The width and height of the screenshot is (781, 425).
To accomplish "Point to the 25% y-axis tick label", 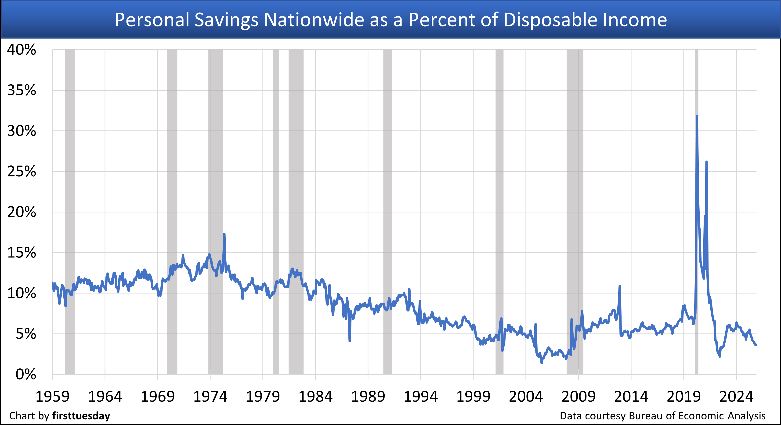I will pos(21,171).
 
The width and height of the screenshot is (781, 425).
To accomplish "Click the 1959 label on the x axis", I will pos(52,396).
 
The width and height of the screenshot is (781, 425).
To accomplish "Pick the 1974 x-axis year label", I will pos(210,396).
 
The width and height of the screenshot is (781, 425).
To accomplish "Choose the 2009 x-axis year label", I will pos(579,396).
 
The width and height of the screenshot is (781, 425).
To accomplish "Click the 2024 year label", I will pos(736,396).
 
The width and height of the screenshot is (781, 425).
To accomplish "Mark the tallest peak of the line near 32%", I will pos(697,116).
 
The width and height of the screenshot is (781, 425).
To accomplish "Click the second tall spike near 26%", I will pos(706,162).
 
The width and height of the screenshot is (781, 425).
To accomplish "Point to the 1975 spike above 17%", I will pos(224,234).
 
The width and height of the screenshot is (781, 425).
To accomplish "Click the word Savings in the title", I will pos(226,20).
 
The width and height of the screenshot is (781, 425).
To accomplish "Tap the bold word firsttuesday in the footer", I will pos(81,416).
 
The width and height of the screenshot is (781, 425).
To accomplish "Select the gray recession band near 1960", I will pos(70,212).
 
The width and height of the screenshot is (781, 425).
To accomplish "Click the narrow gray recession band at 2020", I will pos(696,303).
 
